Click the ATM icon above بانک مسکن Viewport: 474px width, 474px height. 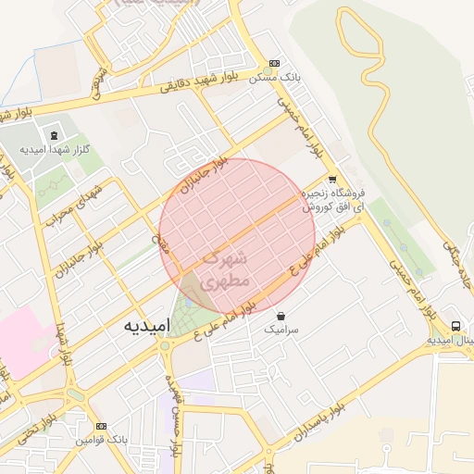(272, 64)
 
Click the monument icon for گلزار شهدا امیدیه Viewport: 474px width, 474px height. (50, 136)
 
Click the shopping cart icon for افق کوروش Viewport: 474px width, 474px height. (332, 180)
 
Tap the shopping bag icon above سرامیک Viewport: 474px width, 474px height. (281, 316)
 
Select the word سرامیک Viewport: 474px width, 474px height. (281, 330)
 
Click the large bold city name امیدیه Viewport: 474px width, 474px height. (146, 327)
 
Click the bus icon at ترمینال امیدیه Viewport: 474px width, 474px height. (456, 327)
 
